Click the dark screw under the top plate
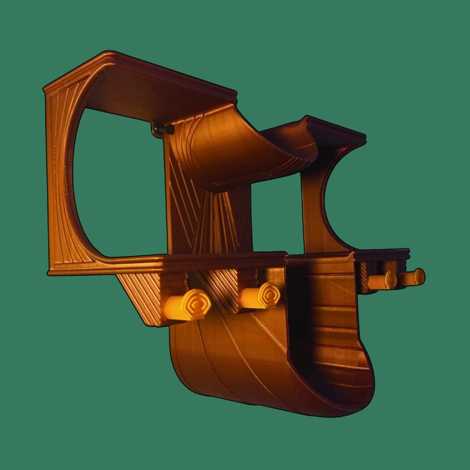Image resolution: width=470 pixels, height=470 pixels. click(159, 129)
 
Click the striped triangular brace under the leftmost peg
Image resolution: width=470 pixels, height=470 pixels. click(144, 300)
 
